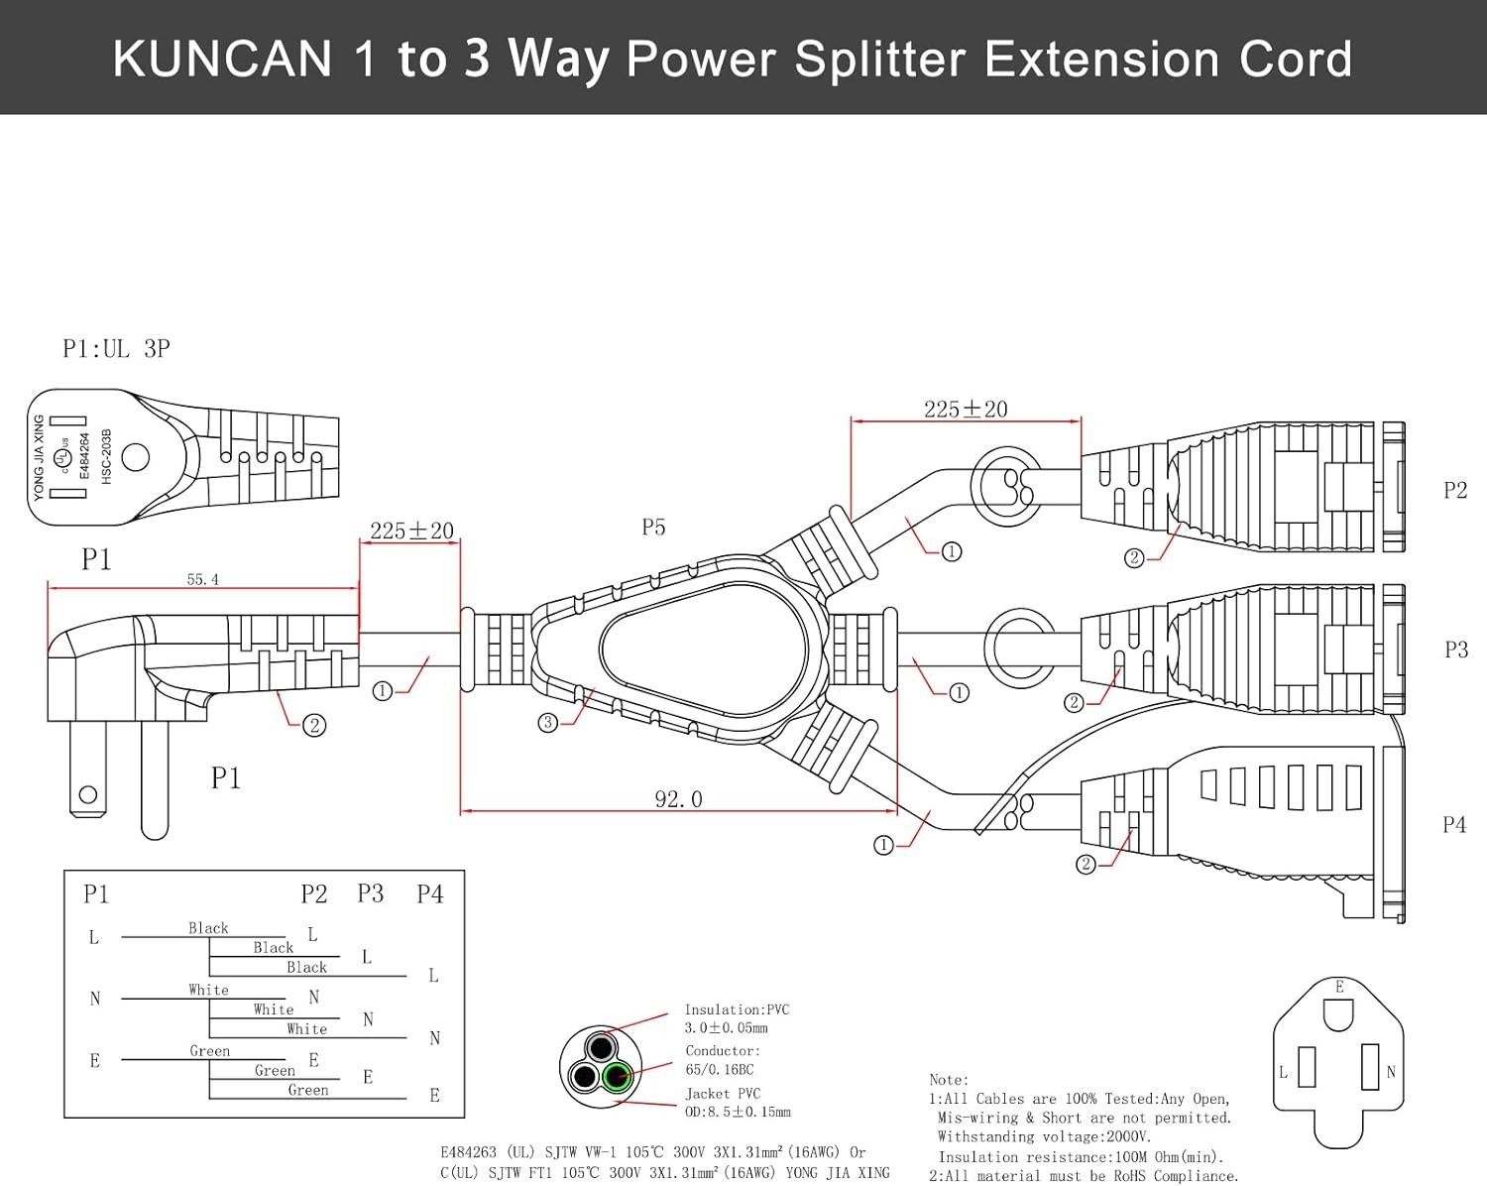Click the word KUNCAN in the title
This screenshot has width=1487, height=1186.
click(x=222, y=59)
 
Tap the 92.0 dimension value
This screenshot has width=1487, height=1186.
click(x=678, y=799)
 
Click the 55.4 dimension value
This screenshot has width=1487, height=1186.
click(x=202, y=579)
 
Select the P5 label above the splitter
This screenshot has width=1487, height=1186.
click(x=653, y=528)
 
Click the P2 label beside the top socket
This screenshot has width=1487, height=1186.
click(x=1455, y=490)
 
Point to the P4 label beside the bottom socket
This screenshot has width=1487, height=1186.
click(x=1454, y=824)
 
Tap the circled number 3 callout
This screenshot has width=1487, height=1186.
click(x=548, y=723)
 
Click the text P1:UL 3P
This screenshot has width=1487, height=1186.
click(x=116, y=348)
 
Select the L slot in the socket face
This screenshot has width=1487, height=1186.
click(x=1307, y=1067)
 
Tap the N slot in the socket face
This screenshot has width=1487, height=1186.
click(x=1370, y=1066)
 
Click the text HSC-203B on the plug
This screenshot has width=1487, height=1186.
click(x=106, y=456)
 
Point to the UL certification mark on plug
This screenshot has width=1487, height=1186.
click(x=62, y=457)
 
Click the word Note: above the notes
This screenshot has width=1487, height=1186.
click(x=949, y=1080)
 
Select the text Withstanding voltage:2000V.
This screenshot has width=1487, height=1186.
click(x=1044, y=1137)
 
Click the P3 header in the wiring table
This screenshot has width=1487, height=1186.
click(x=371, y=893)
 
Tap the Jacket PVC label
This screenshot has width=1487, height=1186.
click(x=723, y=1094)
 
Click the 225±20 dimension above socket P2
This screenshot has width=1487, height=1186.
click(x=966, y=410)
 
